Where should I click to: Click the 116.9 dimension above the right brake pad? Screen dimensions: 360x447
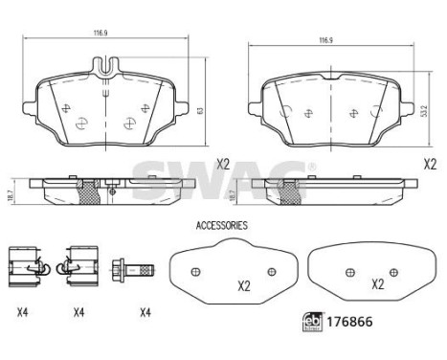325,41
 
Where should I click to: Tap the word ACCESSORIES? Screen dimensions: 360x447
221,227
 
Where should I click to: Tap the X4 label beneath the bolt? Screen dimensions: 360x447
145,311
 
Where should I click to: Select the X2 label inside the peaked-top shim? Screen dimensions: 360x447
243,285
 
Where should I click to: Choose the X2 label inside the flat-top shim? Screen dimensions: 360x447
377,284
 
